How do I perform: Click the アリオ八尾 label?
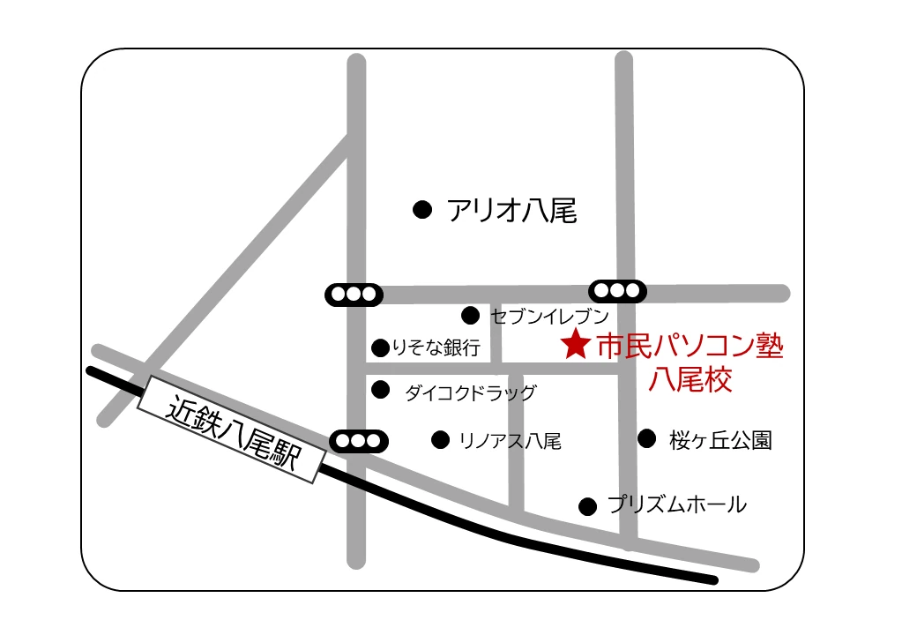pyautogui.click(x=511, y=211)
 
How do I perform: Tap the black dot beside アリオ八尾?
pyautogui.click(x=422, y=210)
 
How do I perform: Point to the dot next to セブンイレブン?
pyautogui.click(x=471, y=315)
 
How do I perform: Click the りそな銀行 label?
pyautogui.click(x=436, y=348)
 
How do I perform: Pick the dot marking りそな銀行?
pyautogui.click(x=380, y=348)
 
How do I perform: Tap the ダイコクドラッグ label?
pyautogui.click(x=470, y=392)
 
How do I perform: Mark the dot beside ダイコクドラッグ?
pyautogui.click(x=381, y=389)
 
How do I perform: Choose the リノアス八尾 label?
pyautogui.click(x=511, y=441)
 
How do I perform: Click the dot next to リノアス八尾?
pyautogui.click(x=441, y=439)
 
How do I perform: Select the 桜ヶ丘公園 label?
pyautogui.click(x=720, y=440)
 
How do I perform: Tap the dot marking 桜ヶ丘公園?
pyautogui.click(x=646, y=437)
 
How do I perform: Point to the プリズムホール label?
pyautogui.click(x=676, y=505)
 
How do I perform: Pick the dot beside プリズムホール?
pyautogui.click(x=587, y=506)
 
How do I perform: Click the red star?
pyautogui.click(x=576, y=345)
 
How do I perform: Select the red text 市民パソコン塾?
pyautogui.click(x=690, y=347)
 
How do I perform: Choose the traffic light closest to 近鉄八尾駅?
pyautogui.click(x=358, y=440)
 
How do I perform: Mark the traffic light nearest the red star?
pyautogui.click(x=617, y=289)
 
